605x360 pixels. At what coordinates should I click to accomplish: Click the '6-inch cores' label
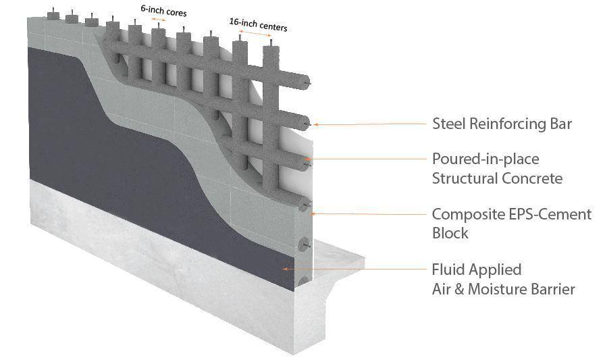coord(163,11)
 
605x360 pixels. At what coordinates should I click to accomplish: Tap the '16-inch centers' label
coord(258,24)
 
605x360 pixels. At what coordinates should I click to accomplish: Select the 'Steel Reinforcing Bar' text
coord(502,124)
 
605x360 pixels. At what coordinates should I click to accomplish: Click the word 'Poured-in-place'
coord(485,159)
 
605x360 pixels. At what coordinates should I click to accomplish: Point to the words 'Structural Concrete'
coord(497,178)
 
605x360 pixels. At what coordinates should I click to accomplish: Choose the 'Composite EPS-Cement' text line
coord(512,214)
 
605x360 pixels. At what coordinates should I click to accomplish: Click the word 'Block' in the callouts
coord(450,233)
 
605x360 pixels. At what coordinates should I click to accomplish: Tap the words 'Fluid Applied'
coord(477,269)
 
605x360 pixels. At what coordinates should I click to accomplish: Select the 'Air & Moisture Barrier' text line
coord(504,289)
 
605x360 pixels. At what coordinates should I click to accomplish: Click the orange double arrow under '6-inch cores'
coord(158,20)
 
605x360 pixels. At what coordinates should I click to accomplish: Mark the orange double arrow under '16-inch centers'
coord(255,33)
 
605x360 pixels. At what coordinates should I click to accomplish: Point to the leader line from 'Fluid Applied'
coord(354,269)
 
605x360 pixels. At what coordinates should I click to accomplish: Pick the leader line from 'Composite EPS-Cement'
coord(369,213)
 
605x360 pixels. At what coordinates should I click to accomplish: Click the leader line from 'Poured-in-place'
coord(366,159)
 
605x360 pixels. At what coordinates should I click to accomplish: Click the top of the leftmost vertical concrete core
coord(53,16)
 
